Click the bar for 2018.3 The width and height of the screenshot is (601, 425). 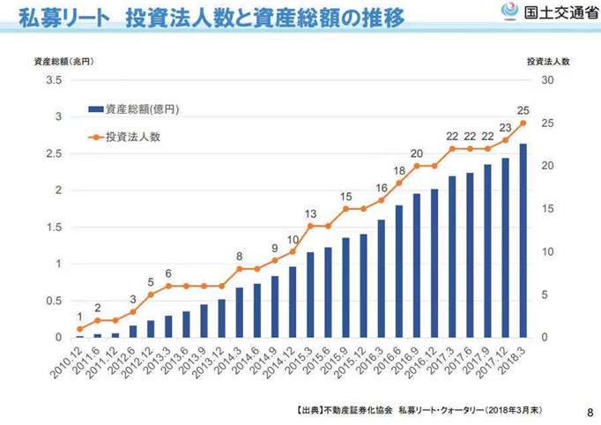(x=523, y=241)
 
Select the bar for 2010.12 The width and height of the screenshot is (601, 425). (x=79, y=336)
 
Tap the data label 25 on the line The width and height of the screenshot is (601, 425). (x=523, y=110)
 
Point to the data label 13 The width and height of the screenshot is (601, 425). (x=310, y=213)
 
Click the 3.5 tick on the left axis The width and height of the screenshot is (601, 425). (x=54, y=79)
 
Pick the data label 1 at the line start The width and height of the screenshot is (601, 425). (x=79, y=317)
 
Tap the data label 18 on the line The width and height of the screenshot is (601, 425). (x=399, y=170)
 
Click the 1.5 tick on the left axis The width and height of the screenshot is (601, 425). (x=54, y=227)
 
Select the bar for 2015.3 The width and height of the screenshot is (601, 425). (x=310, y=295)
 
